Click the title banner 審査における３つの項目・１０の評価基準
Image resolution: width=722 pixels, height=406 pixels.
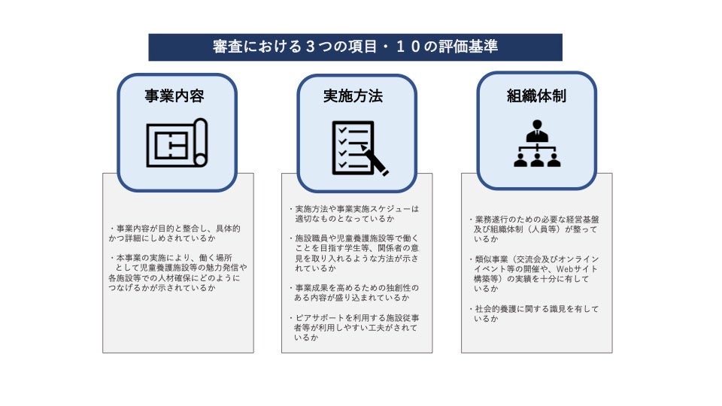click(355, 47)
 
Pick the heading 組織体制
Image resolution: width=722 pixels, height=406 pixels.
click(536, 96)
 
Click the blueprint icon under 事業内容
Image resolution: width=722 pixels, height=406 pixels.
click(177, 143)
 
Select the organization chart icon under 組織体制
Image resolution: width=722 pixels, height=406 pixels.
click(537, 144)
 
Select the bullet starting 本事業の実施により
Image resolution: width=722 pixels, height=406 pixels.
click(177, 272)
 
